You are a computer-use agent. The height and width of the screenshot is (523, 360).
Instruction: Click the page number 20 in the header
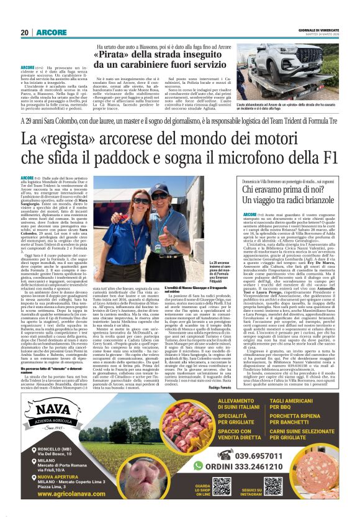(25, 32)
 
